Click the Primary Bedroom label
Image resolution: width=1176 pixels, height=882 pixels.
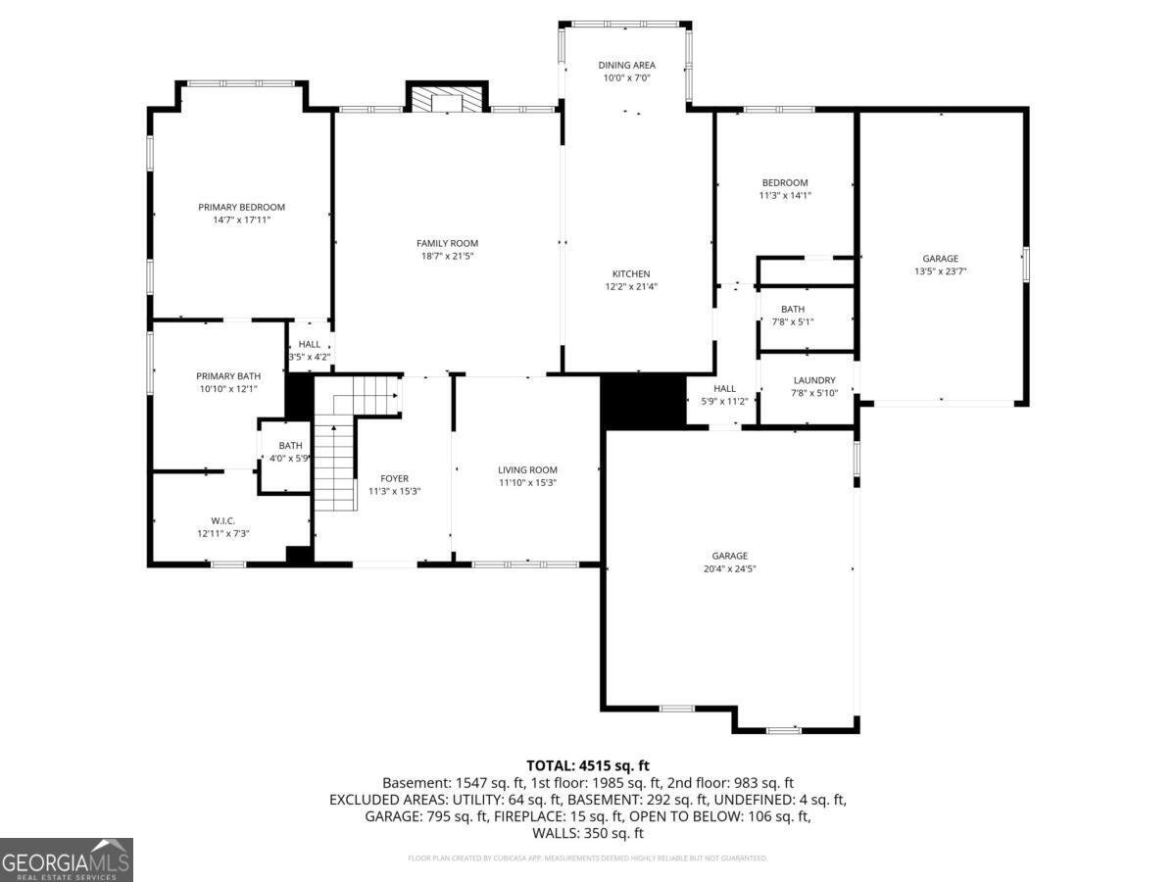click(241, 207)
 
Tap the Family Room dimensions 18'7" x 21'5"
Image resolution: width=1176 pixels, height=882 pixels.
click(447, 257)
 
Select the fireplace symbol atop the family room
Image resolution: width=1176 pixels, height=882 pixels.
click(447, 101)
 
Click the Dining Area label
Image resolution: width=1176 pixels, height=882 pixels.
click(627, 66)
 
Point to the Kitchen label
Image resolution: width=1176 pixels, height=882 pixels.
click(631, 273)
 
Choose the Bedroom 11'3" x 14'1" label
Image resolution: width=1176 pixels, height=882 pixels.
click(785, 183)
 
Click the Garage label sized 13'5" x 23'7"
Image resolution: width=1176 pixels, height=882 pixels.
click(940, 259)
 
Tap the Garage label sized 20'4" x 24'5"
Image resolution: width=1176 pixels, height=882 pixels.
click(730, 555)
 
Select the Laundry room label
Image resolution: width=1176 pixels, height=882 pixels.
click(814, 380)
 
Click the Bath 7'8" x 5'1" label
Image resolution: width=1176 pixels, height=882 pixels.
click(793, 309)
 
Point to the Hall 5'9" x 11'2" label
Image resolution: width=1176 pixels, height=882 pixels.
click(724, 389)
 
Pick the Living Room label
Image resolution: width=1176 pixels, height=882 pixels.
click(527, 469)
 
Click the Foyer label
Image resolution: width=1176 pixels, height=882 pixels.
click(395, 478)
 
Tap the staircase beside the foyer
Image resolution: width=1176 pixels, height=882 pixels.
click(335, 461)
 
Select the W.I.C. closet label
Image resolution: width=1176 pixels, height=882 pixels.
click(222, 520)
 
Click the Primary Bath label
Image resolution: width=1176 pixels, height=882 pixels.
click(228, 376)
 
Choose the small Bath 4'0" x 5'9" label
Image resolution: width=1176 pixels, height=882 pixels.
click(290, 445)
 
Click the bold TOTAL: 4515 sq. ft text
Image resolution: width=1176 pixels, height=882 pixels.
click(588, 765)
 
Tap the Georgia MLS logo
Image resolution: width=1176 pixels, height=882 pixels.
click(67, 859)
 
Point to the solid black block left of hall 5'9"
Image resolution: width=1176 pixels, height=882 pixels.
click(643, 402)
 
